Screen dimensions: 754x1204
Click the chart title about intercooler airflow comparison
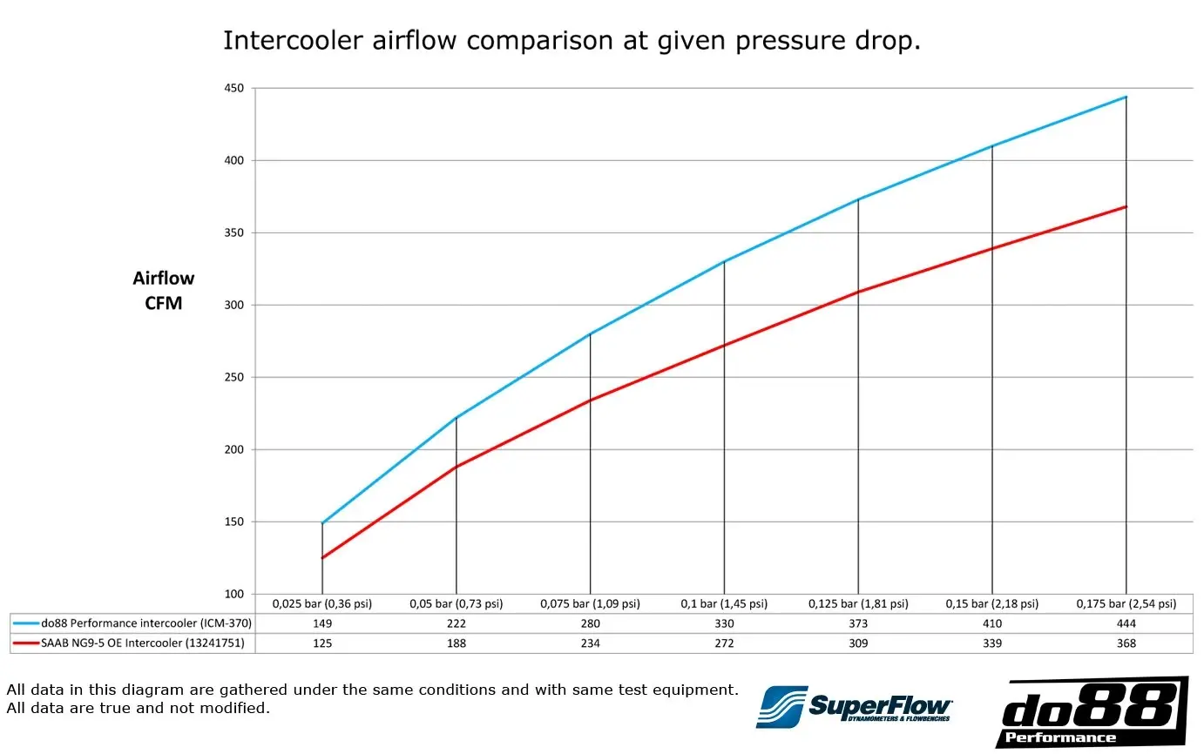(572, 41)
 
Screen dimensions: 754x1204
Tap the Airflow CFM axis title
(163, 291)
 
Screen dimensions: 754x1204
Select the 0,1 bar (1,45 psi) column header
(724, 603)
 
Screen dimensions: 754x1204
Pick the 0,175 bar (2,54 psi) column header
(1126, 603)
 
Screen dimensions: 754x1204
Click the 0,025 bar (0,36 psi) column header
(322, 603)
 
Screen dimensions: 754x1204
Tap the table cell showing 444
(1126, 623)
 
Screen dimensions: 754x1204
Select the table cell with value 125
(322, 643)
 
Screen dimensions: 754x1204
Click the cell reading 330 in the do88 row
(724, 623)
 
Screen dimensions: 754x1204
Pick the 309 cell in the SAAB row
(858, 643)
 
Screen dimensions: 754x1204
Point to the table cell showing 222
(456, 623)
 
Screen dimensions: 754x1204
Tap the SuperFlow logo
(854, 705)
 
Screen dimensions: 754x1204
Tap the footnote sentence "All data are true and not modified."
(138, 708)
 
